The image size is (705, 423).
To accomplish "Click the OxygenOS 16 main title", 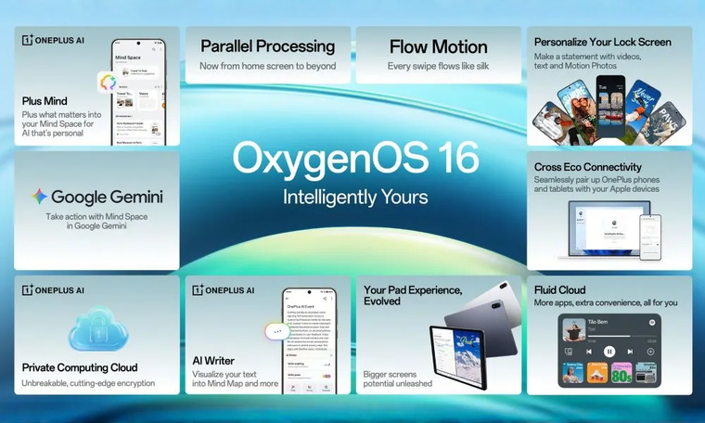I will coord(355,159).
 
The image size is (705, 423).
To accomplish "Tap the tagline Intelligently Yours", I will coord(355,197).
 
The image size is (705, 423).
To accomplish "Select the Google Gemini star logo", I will coord(39,197).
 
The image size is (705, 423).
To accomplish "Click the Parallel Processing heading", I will coord(267,46).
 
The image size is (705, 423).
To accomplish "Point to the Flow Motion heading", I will coord(438,46).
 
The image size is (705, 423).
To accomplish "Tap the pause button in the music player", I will coord(609,352).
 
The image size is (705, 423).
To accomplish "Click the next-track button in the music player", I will coord(631,352).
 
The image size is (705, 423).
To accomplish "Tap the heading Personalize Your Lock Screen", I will coord(602,42).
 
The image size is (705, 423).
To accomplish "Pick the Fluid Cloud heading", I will coord(559,289).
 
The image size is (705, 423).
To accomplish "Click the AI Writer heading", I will coord(213,360).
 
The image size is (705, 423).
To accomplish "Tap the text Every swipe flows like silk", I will coord(438,66).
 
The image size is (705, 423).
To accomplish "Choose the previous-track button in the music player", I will coord(588,352).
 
